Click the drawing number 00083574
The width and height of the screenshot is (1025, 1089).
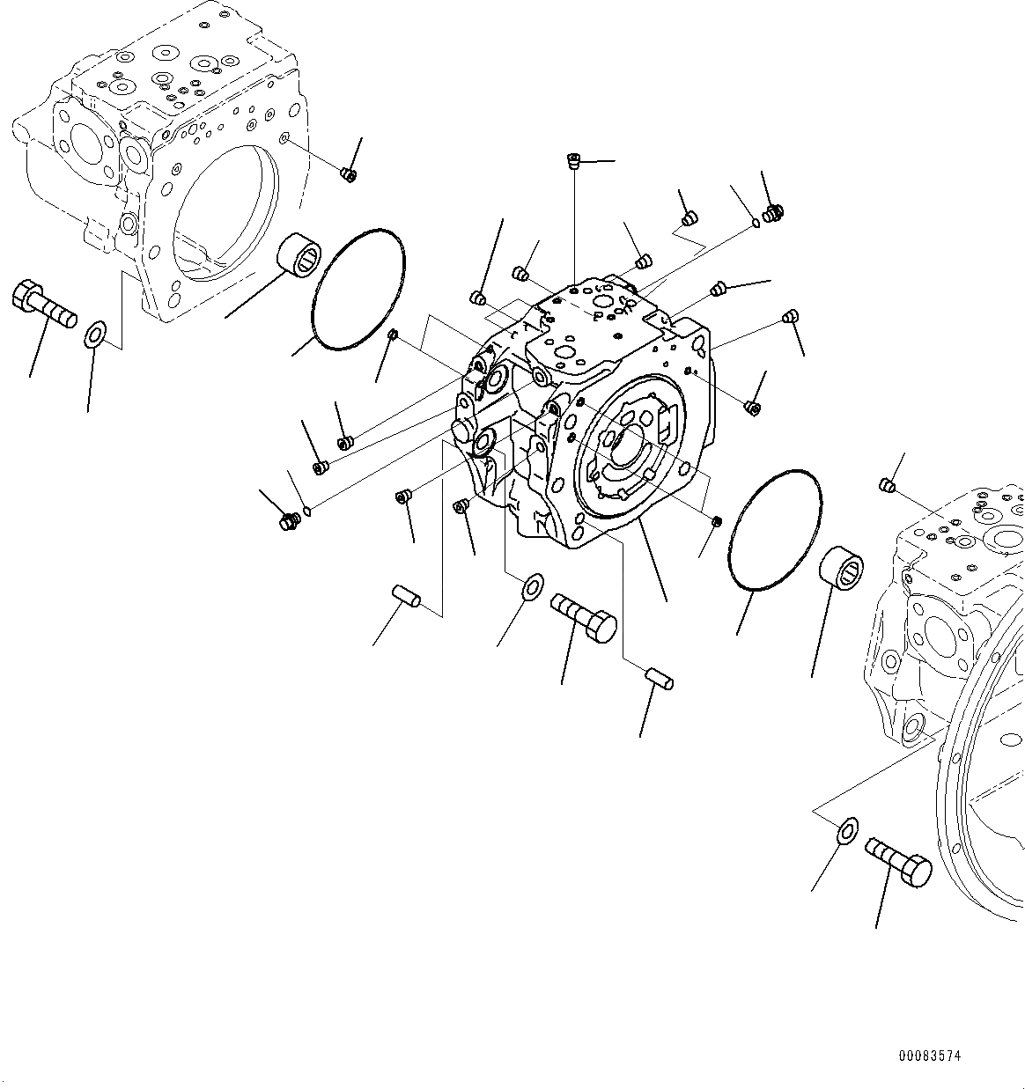930,1055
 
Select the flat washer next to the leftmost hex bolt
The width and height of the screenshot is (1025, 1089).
94,335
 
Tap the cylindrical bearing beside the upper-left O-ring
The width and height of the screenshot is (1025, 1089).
298,256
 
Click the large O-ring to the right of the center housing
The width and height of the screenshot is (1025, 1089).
775,526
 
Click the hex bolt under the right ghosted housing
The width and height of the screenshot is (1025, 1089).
898,860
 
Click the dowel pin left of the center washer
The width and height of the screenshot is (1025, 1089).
407,596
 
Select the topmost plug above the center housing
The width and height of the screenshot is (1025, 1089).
573,161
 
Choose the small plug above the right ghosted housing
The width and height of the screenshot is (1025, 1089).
888,485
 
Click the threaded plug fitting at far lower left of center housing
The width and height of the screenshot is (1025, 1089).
288,522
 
